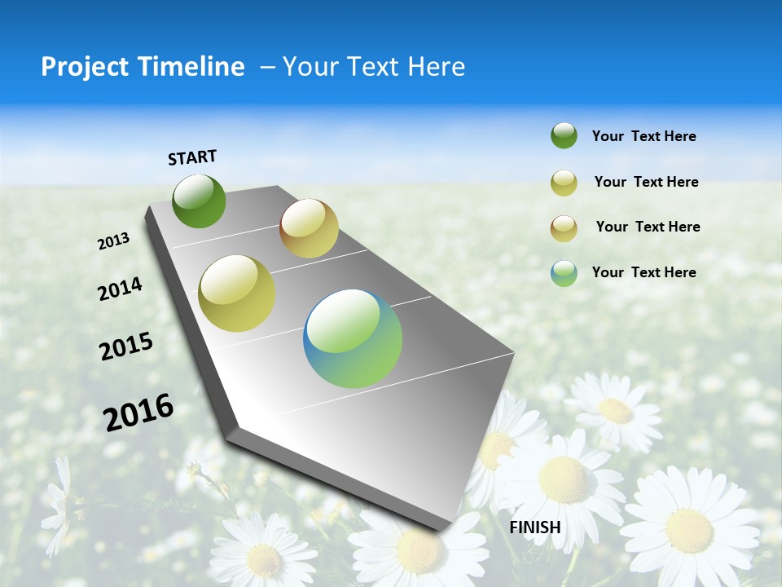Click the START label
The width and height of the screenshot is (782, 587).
192,157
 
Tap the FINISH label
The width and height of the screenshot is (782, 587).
534,527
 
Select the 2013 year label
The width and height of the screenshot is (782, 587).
113,241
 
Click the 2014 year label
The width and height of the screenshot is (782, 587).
120,289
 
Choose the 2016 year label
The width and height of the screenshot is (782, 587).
138,412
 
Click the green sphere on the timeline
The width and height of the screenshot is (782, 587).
200,201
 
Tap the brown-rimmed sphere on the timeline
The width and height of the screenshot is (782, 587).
309,228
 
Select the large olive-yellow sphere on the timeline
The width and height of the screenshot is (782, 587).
237,293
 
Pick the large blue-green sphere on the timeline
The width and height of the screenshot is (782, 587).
353,338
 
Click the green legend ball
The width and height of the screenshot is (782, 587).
564,135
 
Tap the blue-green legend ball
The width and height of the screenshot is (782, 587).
564,273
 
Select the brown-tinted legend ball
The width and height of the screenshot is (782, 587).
564,228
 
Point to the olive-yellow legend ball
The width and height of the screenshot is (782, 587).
564,183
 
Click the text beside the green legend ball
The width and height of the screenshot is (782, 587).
644,136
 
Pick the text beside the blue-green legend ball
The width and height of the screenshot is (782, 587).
644,272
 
